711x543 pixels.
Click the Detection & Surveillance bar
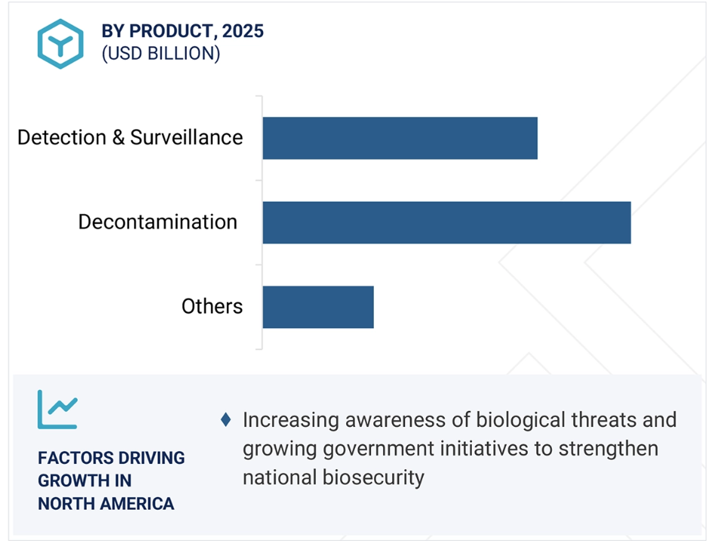(x=400, y=138)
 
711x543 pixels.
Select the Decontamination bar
(x=446, y=222)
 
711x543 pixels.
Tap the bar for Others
(x=318, y=307)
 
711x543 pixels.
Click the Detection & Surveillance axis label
(x=130, y=137)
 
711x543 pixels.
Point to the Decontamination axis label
(x=158, y=222)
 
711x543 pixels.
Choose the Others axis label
(x=212, y=306)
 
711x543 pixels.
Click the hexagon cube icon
(x=60, y=44)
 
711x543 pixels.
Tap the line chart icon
(x=57, y=410)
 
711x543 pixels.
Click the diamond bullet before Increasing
(x=225, y=419)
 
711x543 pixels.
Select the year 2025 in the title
(x=243, y=32)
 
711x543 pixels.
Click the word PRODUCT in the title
(x=170, y=32)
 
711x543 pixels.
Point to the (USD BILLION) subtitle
(x=161, y=54)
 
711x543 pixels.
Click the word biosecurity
(x=373, y=477)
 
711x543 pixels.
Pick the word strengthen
(x=608, y=449)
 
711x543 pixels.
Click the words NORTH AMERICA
(x=106, y=504)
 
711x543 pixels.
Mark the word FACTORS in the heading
(x=70, y=459)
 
